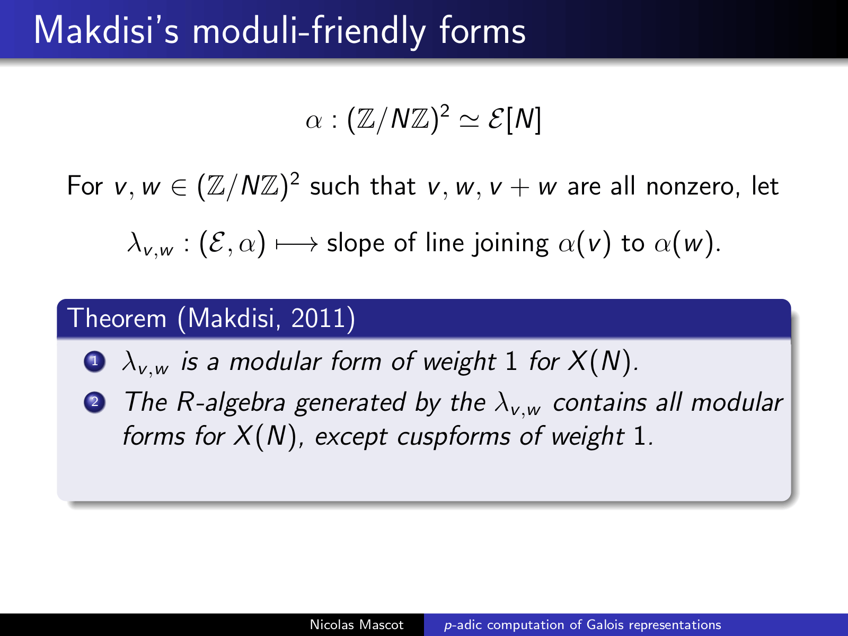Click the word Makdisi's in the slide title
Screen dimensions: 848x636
pyautogui.click(x=106, y=31)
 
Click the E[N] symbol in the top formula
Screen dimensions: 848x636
pyautogui.click(x=515, y=119)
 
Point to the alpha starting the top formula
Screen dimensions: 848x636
pyautogui.click(x=313, y=121)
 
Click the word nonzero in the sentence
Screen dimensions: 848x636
pyautogui.click(x=692, y=187)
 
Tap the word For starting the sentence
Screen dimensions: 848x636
pyautogui.click(x=85, y=186)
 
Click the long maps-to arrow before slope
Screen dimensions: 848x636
pyautogui.click(x=297, y=244)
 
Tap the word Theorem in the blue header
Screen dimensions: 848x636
pyautogui.click(x=117, y=319)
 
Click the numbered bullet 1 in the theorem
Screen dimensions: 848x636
pyautogui.click(x=95, y=361)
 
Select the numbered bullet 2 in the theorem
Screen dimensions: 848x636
pyautogui.click(x=95, y=402)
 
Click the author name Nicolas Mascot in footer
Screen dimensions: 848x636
pyautogui.click(x=357, y=625)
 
